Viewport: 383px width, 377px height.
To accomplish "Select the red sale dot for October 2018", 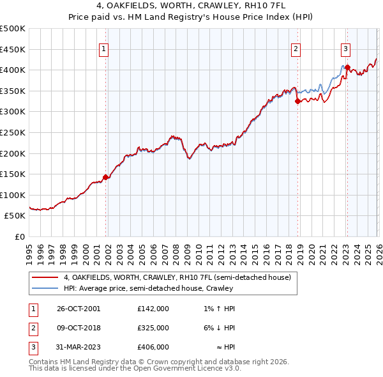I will click(x=298, y=100).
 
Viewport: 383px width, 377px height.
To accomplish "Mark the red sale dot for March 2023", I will click(x=347, y=67).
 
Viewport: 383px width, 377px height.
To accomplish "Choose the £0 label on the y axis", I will click(x=20, y=236).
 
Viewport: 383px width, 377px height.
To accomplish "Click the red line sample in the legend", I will click(x=45, y=277).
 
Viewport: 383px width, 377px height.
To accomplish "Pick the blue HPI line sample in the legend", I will click(x=45, y=288).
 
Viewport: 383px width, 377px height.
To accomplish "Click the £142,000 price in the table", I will click(x=153, y=309).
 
